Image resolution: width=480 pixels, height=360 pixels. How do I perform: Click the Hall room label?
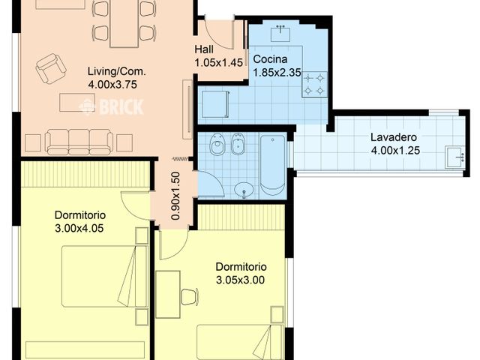point(204,49)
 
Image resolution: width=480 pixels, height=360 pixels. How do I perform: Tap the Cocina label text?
point(270,59)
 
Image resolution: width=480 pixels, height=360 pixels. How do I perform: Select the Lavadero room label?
point(394,137)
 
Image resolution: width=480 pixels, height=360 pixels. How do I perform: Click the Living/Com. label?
point(117,71)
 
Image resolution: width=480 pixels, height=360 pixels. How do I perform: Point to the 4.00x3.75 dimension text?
point(112,85)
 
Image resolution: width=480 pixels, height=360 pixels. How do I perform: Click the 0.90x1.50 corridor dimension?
point(175,196)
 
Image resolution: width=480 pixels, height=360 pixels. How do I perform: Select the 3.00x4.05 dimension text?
point(79,228)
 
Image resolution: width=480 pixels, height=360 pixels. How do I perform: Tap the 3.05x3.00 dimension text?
point(240,280)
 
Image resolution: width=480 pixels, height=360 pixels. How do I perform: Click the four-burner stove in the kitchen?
point(314,85)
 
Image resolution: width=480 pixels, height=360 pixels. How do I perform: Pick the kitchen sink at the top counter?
point(280,33)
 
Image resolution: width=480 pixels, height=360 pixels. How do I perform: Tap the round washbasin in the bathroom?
point(244,190)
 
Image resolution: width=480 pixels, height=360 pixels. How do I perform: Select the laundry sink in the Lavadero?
point(454,157)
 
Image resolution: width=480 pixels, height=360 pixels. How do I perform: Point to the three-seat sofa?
point(79,142)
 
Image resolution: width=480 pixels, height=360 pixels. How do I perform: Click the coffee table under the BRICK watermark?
point(76,102)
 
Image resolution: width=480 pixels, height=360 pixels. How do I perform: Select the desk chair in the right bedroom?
point(189,296)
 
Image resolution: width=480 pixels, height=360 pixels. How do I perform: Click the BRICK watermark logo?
point(112,106)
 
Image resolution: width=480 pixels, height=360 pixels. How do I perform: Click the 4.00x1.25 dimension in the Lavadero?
point(395,151)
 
